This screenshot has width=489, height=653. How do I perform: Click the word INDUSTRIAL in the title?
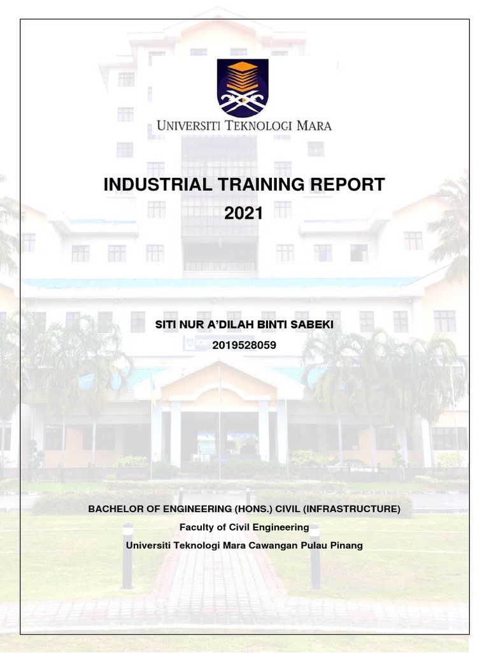(148, 185)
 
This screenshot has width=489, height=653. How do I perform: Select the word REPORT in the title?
(347, 185)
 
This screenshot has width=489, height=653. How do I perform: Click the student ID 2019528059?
(244, 345)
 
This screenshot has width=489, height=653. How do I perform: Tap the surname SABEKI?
(313, 325)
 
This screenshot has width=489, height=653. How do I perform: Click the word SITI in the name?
(166, 325)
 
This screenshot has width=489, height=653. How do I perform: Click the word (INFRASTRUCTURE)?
(357, 509)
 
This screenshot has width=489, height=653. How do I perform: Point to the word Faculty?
(197, 527)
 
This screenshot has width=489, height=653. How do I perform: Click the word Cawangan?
(272, 546)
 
